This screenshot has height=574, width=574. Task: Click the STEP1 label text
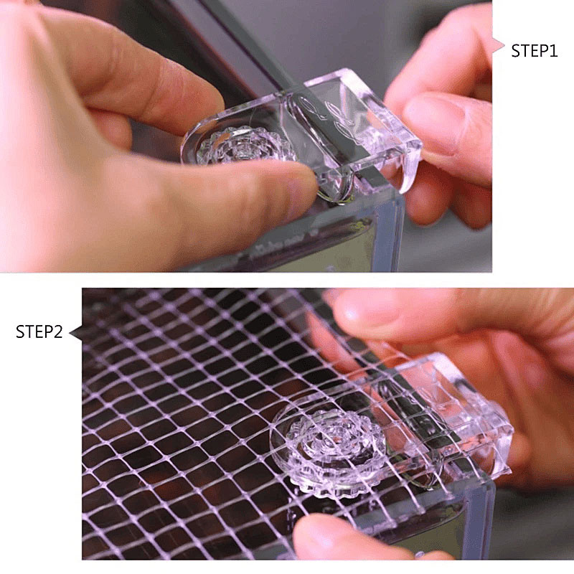[534, 51]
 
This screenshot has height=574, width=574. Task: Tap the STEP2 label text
[39, 332]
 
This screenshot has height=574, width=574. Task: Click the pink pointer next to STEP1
[499, 45]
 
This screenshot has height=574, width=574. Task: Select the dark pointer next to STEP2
[76, 333]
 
